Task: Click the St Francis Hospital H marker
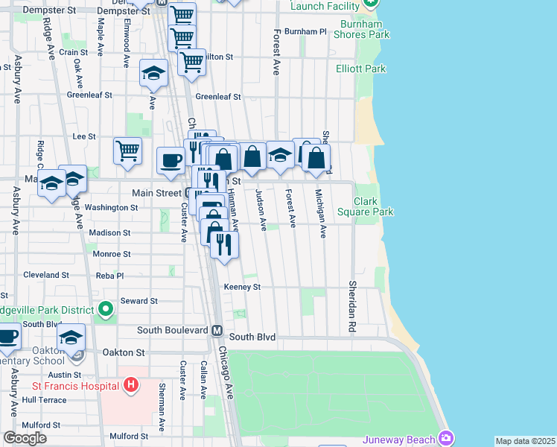point(131,385)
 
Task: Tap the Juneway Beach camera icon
point(446,437)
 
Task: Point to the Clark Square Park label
point(373,206)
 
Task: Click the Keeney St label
point(242,287)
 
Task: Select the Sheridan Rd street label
point(351,306)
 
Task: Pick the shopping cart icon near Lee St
point(127,150)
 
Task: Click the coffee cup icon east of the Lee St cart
point(171,159)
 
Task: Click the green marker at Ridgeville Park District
point(106,308)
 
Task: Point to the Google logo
point(25,438)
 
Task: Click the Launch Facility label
point(325,6)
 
